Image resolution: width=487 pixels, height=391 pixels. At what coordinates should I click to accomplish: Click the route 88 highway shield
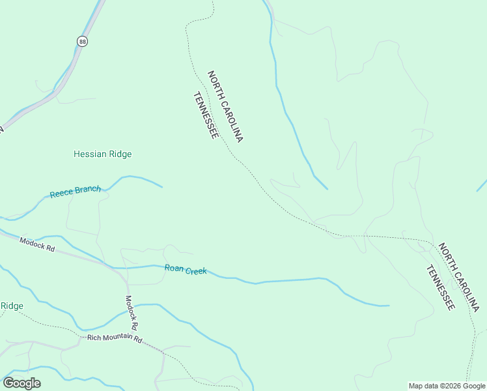pos(81,41)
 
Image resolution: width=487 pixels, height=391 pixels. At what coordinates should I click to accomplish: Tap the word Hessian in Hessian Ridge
pos(90,154)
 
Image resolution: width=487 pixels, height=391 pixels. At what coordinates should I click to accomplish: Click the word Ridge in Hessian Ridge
pos(120,154)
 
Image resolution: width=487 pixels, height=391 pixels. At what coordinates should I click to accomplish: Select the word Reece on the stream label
pos(62,194)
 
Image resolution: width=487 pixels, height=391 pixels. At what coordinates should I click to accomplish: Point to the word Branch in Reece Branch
pos(88,190)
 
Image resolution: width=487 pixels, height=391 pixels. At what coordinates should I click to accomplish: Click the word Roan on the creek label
pos(174,268)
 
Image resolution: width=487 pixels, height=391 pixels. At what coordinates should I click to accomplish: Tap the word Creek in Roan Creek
pos(196,270)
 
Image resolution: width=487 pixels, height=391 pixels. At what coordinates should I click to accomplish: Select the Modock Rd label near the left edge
pos(36,246)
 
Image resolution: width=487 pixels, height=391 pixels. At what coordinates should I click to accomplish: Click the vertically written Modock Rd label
pos(131,312)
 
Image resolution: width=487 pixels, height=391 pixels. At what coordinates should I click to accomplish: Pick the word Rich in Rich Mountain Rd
pos(94,337)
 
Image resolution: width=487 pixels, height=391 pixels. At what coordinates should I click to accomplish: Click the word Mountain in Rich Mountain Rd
pos(118,338)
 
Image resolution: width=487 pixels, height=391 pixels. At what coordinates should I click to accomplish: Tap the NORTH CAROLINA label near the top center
pos(225,107)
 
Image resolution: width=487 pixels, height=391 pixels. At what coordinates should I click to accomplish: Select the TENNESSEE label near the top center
pos(205,115)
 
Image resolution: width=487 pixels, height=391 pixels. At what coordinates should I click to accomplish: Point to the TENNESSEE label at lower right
pos(440,287)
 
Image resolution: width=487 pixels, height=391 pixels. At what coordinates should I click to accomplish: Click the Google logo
pos(22,383)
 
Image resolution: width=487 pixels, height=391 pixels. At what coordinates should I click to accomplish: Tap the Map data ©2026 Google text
pos(446,386)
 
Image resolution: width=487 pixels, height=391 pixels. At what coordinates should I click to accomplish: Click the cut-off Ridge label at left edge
pos(12,306)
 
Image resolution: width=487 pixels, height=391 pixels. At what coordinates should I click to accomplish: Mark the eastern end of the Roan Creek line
pos(388,305)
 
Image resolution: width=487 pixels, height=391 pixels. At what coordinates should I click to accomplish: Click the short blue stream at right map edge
pos(482,185)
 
